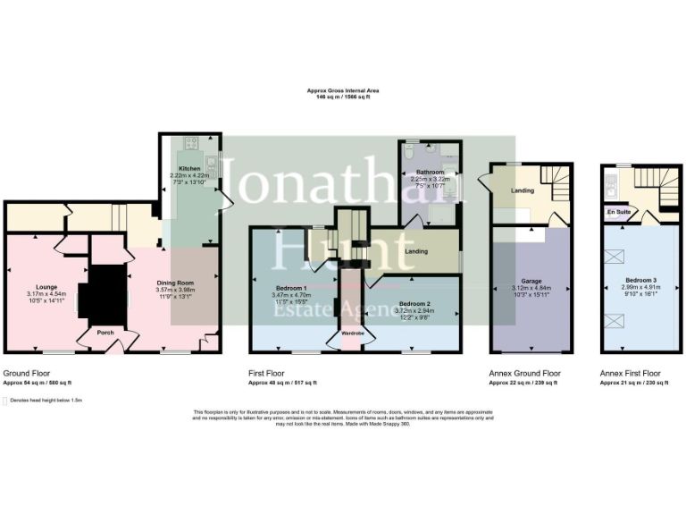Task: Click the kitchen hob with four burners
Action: pyautogui.click(x=189, y=143)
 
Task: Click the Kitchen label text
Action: pyautogui.click(x=189, y=168)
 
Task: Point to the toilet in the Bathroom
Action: pyautogui.click(x=408, y=153)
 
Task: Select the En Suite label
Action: pyautogui.click(x=617, y=213)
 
